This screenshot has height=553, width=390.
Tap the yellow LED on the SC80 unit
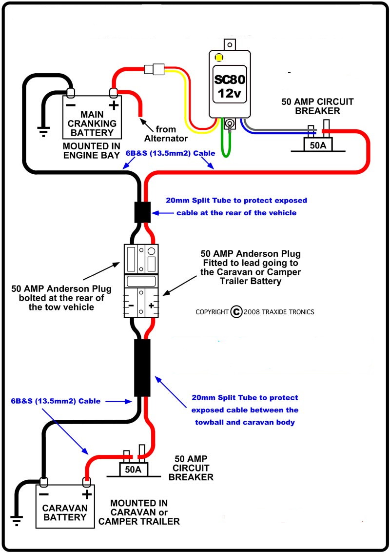point(219,57)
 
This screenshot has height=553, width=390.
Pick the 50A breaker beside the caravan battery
point(133,469)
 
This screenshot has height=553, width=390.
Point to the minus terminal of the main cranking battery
point(71,104)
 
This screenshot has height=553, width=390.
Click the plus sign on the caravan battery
point(87,494)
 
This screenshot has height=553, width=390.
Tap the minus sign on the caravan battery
point(43,494)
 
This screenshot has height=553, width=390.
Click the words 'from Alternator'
point(165,134)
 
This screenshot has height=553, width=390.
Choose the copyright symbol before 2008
point(236,311)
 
